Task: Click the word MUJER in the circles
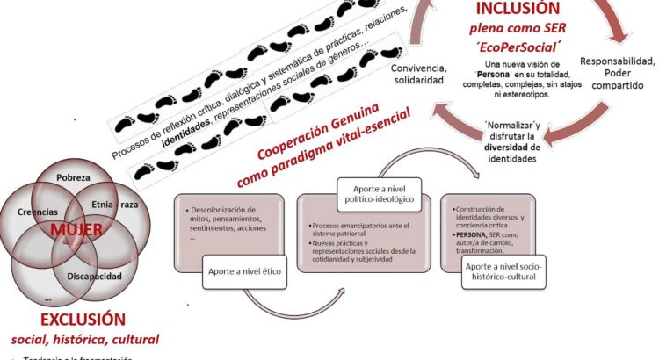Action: (x=76, y=232)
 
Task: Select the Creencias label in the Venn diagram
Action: (x=38, y=212)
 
